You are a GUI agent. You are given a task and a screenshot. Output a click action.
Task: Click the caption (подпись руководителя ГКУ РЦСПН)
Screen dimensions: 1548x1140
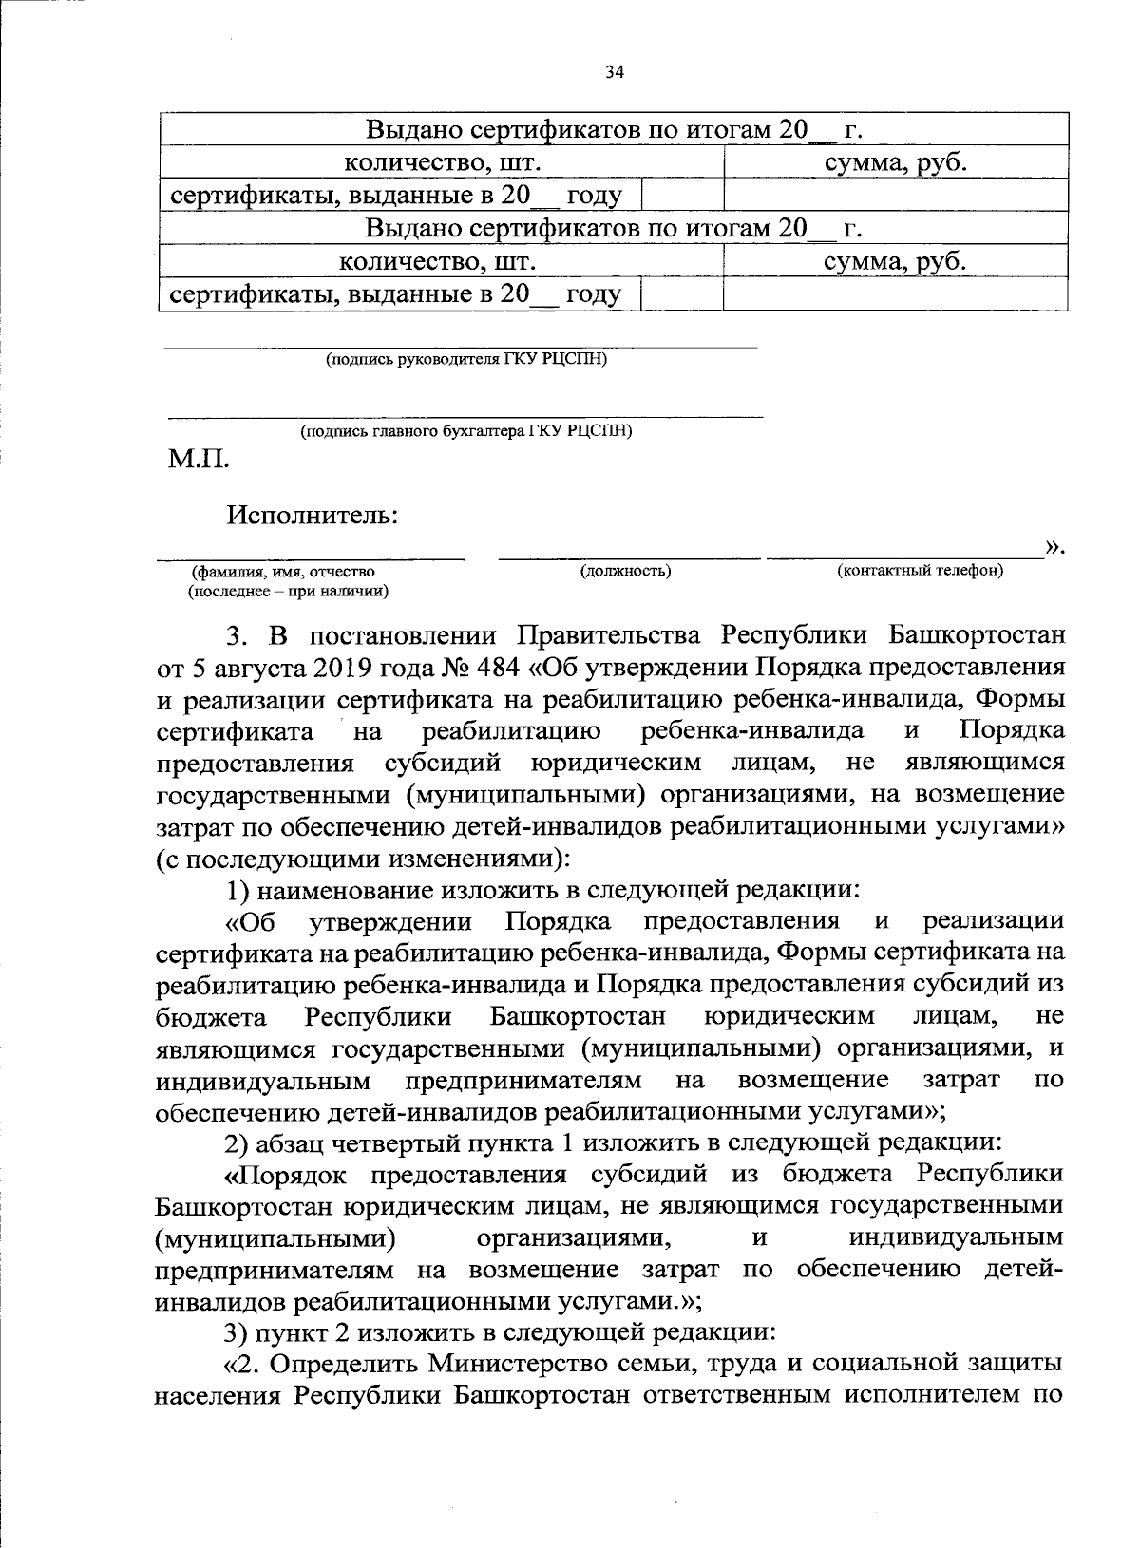click(x=465, y=360)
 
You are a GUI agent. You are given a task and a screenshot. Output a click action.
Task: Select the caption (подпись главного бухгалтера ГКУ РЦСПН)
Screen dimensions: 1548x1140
click(x=465, y=431)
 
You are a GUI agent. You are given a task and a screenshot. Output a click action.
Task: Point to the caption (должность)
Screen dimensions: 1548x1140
click(x=625, y=571)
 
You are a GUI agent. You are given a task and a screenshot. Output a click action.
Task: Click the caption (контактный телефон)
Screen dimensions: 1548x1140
click(x=920, y=571)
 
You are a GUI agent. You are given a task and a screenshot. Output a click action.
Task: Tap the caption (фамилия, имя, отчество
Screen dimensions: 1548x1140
click(x=283, y=572)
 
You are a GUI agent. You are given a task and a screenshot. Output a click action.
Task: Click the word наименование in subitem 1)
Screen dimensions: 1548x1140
click(x=343, y=890)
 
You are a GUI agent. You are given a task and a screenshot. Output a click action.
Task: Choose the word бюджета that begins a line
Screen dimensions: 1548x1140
click(x=210, y=1017)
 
